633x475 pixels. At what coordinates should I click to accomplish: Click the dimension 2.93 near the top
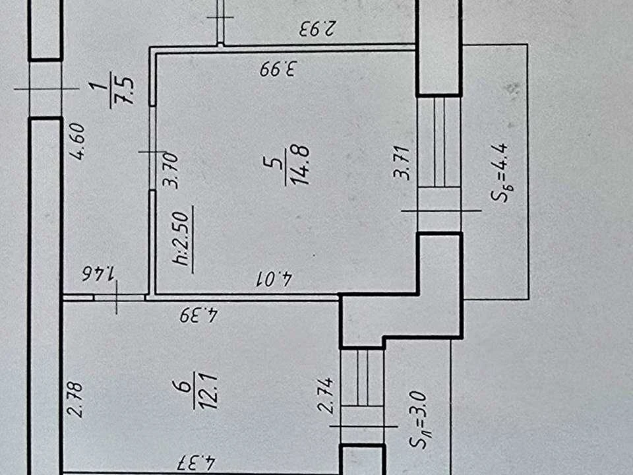317,28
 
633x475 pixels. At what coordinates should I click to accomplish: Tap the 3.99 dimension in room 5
278,68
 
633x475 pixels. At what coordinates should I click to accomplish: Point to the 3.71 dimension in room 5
402,163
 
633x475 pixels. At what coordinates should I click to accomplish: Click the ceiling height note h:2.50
181,238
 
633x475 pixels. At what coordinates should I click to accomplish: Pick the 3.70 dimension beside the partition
170,170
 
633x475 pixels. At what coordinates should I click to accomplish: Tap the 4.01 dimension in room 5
275,278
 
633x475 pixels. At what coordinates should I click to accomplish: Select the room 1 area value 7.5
125,90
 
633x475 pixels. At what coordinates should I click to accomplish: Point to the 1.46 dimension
99,272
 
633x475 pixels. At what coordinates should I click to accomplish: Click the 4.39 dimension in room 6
199,315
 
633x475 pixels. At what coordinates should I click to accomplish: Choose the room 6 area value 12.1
209,391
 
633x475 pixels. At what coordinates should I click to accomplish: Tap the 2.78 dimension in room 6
75,400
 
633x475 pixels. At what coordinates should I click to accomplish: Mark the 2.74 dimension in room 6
326,395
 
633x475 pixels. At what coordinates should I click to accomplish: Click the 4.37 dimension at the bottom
197,462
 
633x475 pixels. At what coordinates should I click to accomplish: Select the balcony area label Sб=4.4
502,173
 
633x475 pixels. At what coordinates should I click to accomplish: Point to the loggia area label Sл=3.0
418,420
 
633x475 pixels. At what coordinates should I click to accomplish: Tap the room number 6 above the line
184,386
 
